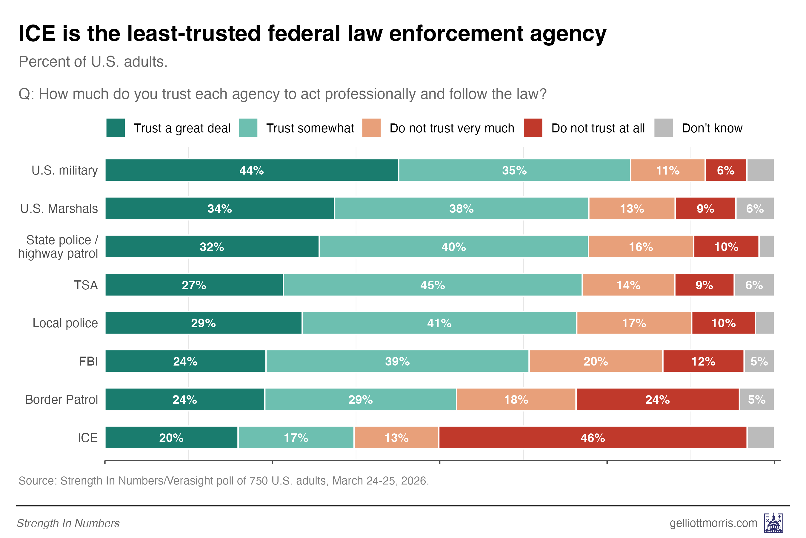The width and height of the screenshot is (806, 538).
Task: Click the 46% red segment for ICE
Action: [x=593, y=438]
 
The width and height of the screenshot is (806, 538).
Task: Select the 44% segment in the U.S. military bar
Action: [x=252, y=170]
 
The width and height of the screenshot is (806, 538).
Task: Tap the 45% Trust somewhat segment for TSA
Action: [x=433, y=285]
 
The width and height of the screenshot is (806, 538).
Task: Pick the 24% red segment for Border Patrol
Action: [x=657, y=399]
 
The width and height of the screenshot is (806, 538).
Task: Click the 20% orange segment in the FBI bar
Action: [x=596, y=361]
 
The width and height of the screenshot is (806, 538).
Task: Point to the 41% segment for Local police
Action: [x=439, y=323]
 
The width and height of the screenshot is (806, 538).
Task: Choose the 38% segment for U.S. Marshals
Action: [x=461, y=208]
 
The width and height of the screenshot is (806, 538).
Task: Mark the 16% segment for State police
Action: [x=641, y=247]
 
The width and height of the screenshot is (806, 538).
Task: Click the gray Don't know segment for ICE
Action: [x=760, y=438]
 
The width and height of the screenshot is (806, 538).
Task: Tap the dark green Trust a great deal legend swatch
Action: [x=116, y=128]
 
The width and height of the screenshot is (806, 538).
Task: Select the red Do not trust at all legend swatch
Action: [x=533, y=128]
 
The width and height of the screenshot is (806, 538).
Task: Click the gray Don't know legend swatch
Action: [x=663, y=128]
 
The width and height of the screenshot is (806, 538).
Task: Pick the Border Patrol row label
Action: [x=62, y=399]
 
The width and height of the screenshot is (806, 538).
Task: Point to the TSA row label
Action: [x=86, y=285]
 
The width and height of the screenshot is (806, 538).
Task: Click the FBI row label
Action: [x=88, y=361]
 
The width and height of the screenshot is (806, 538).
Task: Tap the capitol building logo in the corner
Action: [x=773, y=523]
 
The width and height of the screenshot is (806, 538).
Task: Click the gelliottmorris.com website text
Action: [x=713, y=523]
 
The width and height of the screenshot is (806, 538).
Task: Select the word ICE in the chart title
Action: [x=37, y=33]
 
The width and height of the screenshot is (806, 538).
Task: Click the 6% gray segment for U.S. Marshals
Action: [x=755, y=208]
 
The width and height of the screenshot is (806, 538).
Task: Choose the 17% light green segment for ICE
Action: [x=296, y=438]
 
